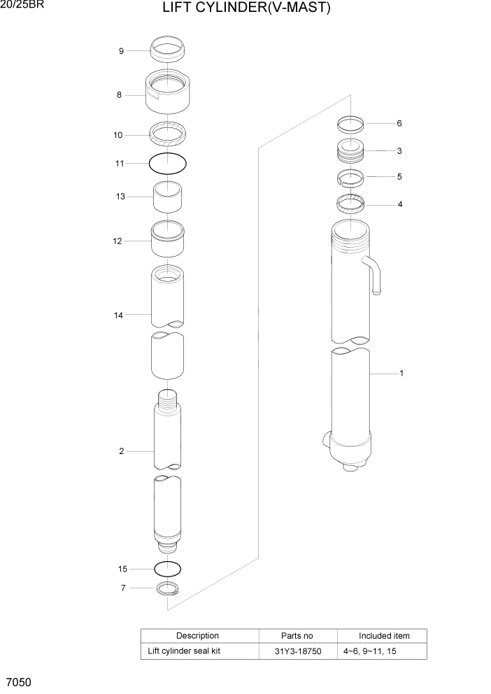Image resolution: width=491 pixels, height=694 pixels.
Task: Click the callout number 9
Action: tap(121, 51)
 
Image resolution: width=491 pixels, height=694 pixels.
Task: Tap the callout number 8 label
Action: tap(119, 95)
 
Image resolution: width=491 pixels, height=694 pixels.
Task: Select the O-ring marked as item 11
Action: tap(168, 164)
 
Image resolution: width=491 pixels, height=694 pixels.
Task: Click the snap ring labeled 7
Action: tap(167, 589)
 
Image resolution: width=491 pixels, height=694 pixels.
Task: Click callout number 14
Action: tap(119, 316)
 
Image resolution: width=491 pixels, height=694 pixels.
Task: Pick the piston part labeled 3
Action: tap(350, 151)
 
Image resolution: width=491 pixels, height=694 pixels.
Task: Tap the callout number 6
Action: tap(399, 124)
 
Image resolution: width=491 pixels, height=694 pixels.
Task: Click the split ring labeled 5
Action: tap(350, 177)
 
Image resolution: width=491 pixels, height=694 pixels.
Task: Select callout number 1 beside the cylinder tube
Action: tap(401, 374)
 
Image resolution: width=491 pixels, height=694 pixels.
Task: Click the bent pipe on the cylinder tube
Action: tap(373, 273)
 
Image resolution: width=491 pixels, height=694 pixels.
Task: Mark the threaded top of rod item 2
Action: tap(168, 402)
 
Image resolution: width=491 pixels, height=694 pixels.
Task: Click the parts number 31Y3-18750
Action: tap(297, 651)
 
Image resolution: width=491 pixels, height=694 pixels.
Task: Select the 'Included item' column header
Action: tap(384, 636)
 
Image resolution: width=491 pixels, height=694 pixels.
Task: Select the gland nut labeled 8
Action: tap(168, 91)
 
